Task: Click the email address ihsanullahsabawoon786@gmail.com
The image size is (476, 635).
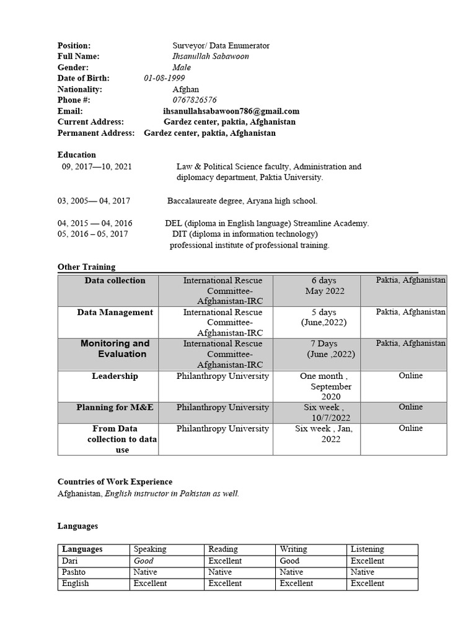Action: tap(231, 111)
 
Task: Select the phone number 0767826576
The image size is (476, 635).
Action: tap(195, 100)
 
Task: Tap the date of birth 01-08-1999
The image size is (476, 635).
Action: tap(164, 78)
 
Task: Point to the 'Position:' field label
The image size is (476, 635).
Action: tap(74, 46)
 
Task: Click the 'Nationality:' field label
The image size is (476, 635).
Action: tap(79, 89)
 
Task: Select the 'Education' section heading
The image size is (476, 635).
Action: tap(77, 155)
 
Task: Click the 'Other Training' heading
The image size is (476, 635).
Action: tap(86, 267)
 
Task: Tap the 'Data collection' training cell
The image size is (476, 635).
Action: tap(115, 281)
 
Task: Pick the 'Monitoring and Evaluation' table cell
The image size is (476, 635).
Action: tap(115, 349)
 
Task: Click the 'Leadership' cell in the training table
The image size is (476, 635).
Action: tap(115, 376)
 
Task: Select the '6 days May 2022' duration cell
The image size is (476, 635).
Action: tap(324, 286)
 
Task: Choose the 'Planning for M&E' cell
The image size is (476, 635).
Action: tap(115, 407)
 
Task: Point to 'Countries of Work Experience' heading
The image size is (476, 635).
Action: tap(115, 482)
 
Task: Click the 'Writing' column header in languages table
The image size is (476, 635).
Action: tap(293, 549)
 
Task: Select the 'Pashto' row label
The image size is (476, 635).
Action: tap(74, 572)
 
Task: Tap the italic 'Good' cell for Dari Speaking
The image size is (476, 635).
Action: tap(144, 561)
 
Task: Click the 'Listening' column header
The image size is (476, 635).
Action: tap(367, 549)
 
